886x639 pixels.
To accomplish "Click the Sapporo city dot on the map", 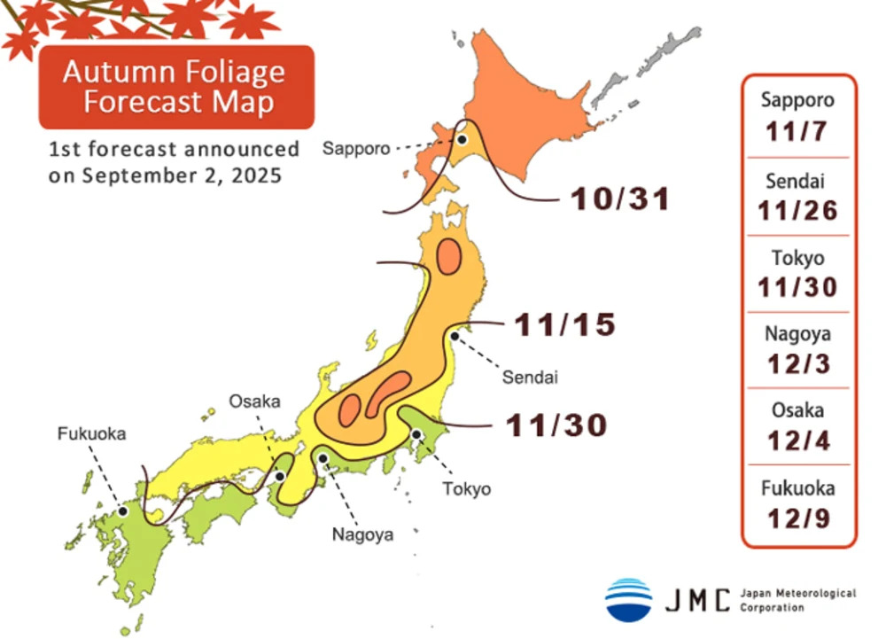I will (462, 139).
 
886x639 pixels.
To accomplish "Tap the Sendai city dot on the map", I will (455, 335).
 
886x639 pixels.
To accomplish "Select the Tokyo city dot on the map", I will (416, 434).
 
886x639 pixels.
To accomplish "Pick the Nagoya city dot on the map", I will (324, 459).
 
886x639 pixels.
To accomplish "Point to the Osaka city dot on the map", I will (279, 476).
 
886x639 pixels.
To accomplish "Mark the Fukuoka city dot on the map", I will (123, 511).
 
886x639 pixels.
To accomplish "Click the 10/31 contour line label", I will (619, 199).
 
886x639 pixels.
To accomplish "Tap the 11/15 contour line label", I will (564, 325).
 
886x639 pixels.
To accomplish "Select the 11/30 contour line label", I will (556, 426).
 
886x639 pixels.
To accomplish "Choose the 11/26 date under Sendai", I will (797, 210).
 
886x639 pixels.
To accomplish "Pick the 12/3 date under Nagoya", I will (797, 363).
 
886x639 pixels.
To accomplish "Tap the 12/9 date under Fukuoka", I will (797, 518).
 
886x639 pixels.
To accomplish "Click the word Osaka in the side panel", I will (797, 410).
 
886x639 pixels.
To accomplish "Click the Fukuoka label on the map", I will (92, 434).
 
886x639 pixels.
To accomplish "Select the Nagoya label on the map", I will (362, 534).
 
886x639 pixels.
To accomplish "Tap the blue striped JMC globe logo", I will (628, 599).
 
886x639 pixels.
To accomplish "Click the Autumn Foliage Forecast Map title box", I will (176, 86).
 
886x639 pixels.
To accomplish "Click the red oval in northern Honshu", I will (448, 257).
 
